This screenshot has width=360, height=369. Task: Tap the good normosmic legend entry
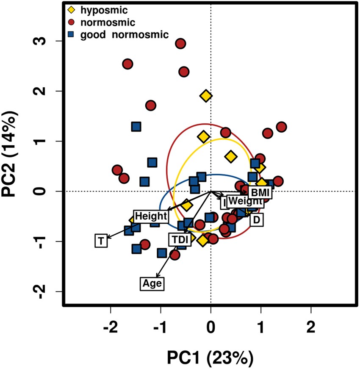(119, 34)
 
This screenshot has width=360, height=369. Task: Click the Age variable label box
(152, 283)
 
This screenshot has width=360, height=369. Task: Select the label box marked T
(100, 241)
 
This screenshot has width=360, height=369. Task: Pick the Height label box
(151, 216)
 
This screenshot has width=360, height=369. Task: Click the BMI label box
(260, 193)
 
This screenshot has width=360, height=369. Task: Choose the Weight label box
(245, 201)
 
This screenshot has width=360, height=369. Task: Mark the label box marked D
(256, 219)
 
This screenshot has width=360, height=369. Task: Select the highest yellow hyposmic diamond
(206, 96)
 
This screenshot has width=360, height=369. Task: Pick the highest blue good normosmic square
(136, 126)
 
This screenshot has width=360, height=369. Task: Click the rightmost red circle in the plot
(281, 127)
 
